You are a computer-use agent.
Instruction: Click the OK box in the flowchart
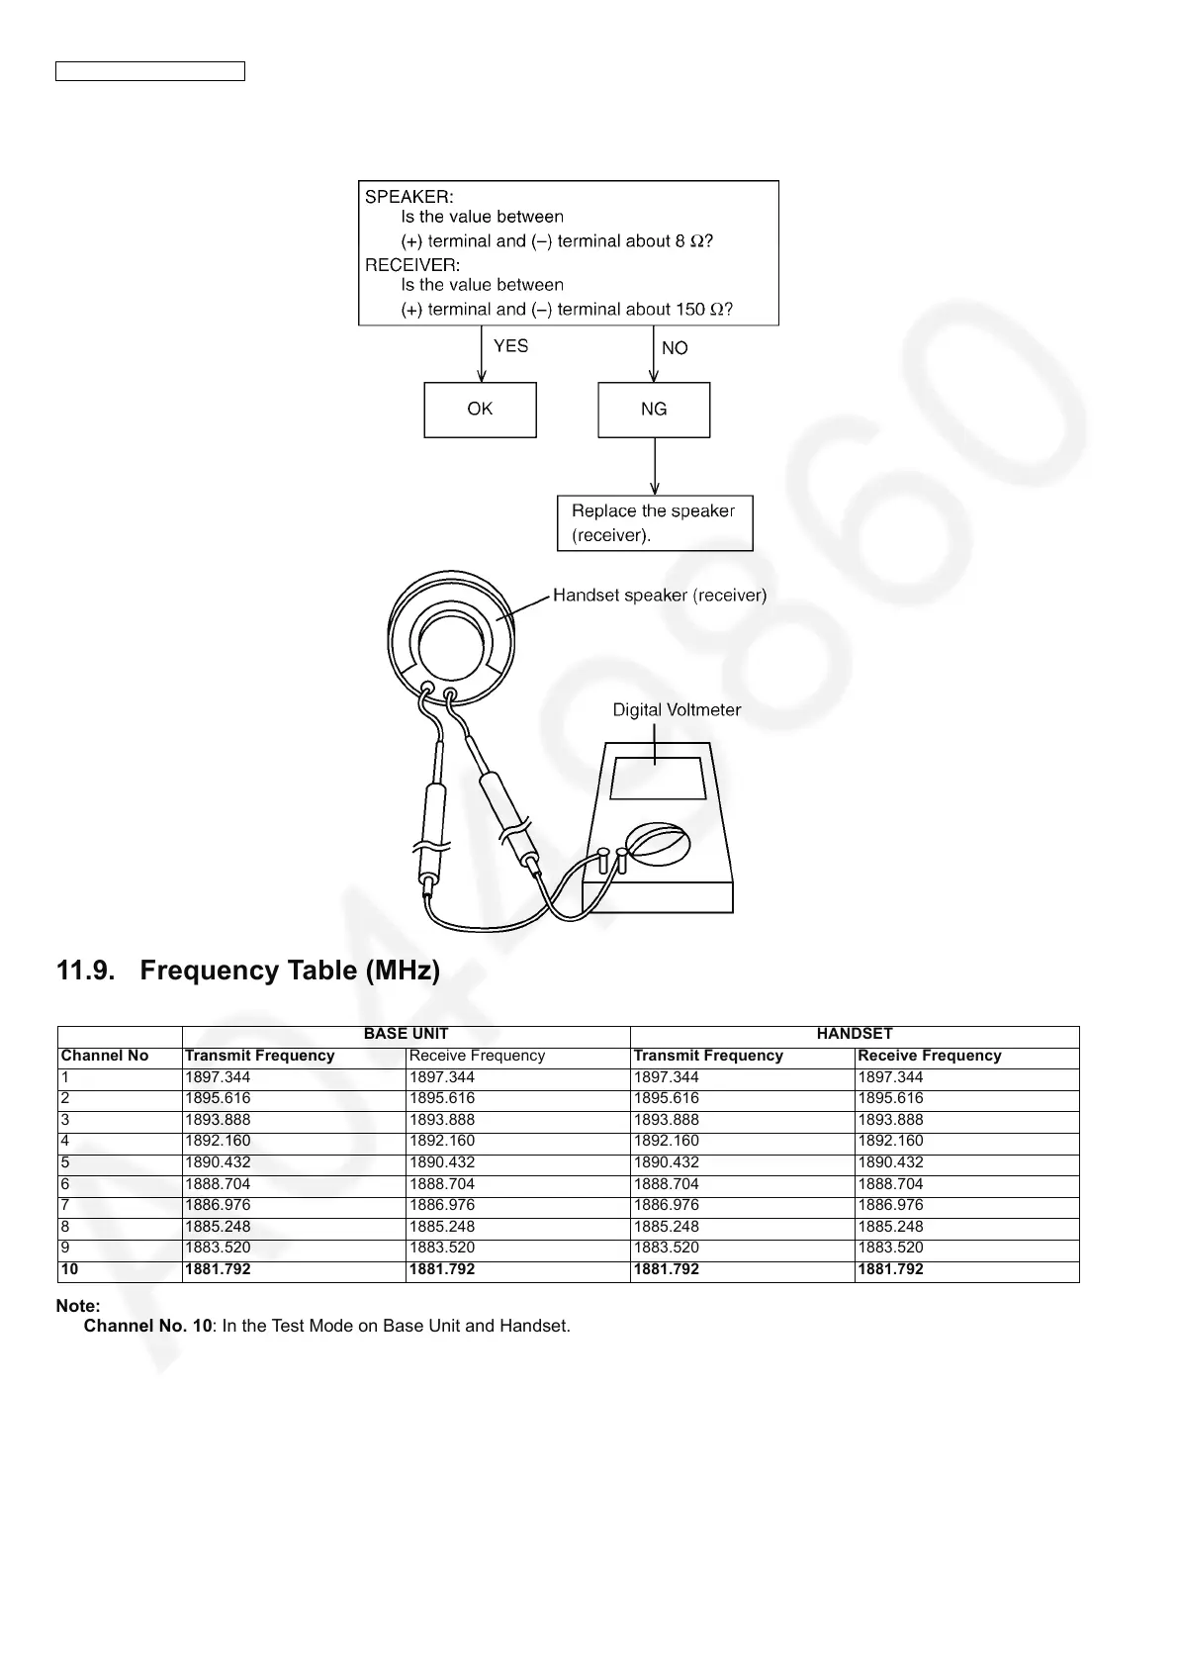point(480,410)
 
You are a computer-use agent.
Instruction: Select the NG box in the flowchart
point(654,410)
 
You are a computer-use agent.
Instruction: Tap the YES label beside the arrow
point(510,346)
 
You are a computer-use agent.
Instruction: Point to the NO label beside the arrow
point(675,348)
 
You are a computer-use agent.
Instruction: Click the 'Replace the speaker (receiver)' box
point(655,523)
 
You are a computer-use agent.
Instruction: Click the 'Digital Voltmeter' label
point(677,710)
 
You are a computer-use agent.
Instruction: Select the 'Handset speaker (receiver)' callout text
point(659,596)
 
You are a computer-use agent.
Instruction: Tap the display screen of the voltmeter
point(657,779)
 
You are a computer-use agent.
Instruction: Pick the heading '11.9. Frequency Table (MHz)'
point(248,971)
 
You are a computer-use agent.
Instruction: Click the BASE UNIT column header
point(406,1034)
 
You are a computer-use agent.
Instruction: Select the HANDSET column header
point(855,1034)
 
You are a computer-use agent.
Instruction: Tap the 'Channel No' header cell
point(105,1056)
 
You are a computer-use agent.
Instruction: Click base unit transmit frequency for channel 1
point(218,1077)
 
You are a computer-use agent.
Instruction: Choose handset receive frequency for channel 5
point(890,1162)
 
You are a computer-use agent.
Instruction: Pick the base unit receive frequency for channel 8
point(442,1227)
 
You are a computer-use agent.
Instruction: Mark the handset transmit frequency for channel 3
point(666,1120)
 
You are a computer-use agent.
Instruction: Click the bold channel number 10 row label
point(69,1269)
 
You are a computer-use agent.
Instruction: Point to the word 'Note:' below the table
point(78,1307)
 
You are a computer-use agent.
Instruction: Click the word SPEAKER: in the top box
point(409,196)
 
